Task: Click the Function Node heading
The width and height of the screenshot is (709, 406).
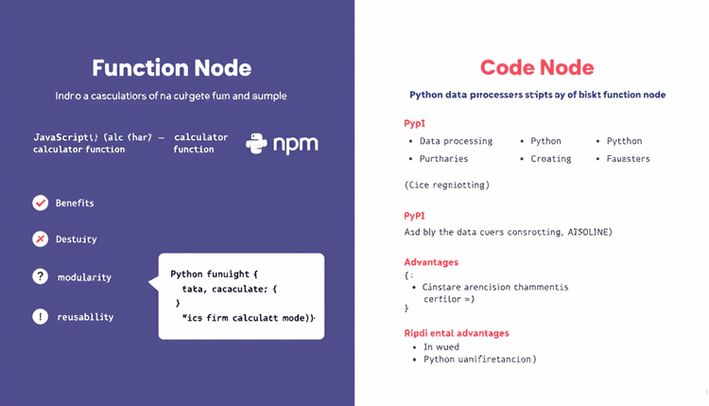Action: pyautogui.click(x=171, y=68)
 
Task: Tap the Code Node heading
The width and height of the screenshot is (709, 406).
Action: pyautogui.click(x=537, y=67)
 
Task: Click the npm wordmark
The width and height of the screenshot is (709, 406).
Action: pyautogui.click(x=295, y=144)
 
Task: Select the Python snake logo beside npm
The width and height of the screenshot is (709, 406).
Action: pyautogui.click(x=256, y=143)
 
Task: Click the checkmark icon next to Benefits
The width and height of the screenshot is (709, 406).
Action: pyautogui.click(x=41, y=203)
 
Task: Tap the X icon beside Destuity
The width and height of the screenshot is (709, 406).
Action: pyautogui.click(x=41, y=239)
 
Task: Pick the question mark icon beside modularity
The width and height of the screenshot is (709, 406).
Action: pyautogui.click(x=41, y=277)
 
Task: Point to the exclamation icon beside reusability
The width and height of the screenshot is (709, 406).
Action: pyautogui.click(x=41, y=316)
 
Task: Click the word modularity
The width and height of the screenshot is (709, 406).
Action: pyautogui.click(x=84, y=277)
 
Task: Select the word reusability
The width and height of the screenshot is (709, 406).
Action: pyautogui.click(x=85, y=317)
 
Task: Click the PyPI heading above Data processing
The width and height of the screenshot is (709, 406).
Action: pyautogui.click(x=415, y=124)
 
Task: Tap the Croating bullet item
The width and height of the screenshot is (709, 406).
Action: pyautogui.click(x=551, y=158)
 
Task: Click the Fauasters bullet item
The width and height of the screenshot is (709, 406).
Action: pyautogui.click(x=629, y=158)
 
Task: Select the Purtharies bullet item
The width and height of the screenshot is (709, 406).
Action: pyautogui.click(x=443, y=158)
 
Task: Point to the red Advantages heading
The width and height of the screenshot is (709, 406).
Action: pyautogui.click(x=431, y=261)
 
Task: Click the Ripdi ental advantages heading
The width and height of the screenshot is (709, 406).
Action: pyautogui.click(x=457, y=333)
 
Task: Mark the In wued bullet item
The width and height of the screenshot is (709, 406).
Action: pyautogui.click(x=441, y=346)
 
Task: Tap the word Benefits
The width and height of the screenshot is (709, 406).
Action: pyautogui.click(x=75, y=203)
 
